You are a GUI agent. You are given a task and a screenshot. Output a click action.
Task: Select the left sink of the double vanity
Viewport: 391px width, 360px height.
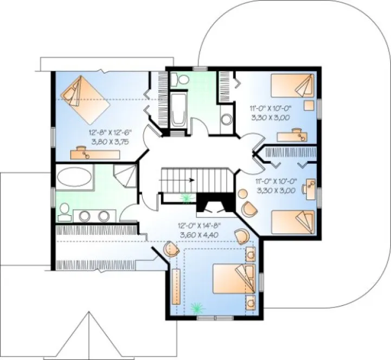pyautogui.click(x=86, y=216)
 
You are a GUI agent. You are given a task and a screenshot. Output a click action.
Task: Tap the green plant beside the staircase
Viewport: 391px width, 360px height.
pyautogui.click(x=187, y=198)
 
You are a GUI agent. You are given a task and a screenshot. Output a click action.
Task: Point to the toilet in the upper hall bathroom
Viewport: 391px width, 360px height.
pyautogui.click(x=180, y=80)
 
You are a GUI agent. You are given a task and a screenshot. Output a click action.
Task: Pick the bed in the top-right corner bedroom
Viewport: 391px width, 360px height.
pyautogui.click(x=293, y=86)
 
